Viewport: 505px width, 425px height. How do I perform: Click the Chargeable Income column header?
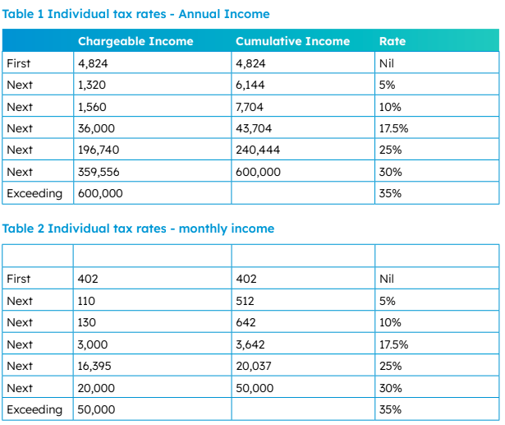coord(135,41)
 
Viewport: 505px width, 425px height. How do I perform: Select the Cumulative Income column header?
coord(293,41)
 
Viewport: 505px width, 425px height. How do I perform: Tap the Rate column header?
coord(393,41)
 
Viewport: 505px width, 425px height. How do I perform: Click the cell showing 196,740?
coord(99,150)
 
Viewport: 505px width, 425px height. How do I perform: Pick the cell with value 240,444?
coord(258,150)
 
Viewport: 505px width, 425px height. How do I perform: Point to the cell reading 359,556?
coord(99,172)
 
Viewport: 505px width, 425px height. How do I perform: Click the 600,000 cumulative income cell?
coord(258,172)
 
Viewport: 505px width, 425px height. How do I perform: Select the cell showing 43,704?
coord(254,128)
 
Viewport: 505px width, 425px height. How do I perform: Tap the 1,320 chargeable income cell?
coord(92,85)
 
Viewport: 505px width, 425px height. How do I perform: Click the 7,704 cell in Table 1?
coord(250,107)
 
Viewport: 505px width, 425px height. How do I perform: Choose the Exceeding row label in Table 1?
coord(34,193)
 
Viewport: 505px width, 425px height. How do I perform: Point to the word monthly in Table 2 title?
coord(203,229)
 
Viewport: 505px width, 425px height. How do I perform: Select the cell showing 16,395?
coord(94,366)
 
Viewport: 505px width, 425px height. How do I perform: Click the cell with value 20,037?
coord(254,366)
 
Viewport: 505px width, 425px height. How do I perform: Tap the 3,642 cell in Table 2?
coord(250,344)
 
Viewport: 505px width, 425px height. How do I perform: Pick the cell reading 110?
coord(86,301)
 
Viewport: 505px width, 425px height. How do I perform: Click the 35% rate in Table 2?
coord(390,409)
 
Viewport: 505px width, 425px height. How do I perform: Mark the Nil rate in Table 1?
coord(387,63)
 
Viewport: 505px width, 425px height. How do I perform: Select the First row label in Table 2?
coord(19,279)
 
